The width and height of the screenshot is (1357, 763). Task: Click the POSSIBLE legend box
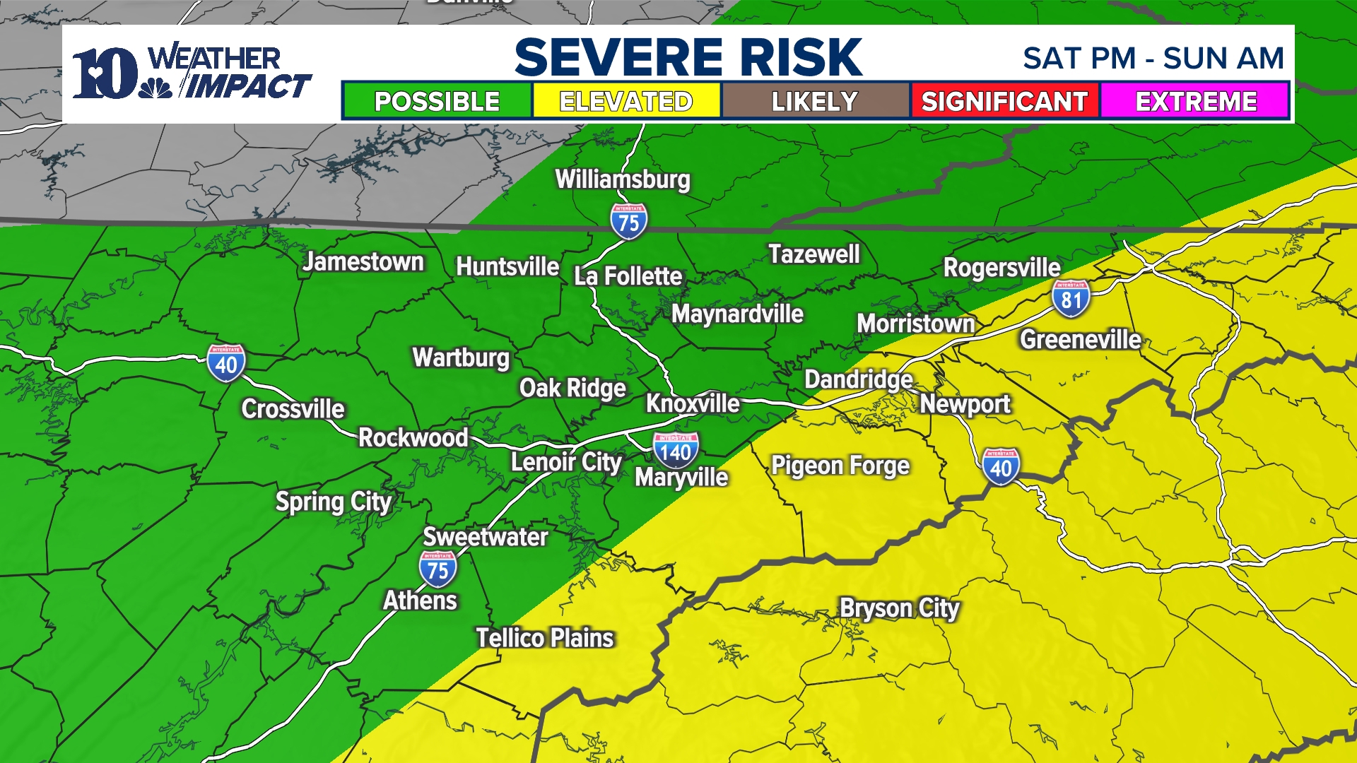437,101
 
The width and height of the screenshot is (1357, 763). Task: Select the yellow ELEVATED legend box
626,101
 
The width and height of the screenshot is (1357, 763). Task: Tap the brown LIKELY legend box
815,101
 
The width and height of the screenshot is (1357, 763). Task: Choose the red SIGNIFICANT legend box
1004,101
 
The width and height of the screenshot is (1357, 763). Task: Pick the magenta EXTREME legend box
1195,101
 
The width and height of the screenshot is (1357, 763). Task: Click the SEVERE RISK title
688,57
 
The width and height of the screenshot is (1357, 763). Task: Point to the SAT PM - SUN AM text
1153,59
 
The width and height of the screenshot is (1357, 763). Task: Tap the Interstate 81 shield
1071,299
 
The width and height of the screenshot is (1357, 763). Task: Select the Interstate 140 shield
676,451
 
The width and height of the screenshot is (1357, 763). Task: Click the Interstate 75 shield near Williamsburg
628,221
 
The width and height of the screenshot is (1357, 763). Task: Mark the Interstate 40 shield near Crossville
226,363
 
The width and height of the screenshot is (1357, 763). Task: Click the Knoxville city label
693,403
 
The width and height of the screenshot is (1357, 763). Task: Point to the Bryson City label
899,608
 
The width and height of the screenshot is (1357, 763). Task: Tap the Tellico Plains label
544,638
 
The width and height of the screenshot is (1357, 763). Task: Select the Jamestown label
363,262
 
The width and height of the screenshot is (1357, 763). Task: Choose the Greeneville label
1080,340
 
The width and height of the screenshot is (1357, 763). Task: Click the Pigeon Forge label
840,466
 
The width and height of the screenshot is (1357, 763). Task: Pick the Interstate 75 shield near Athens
437,569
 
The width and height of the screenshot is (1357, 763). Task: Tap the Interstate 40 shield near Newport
1000,467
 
